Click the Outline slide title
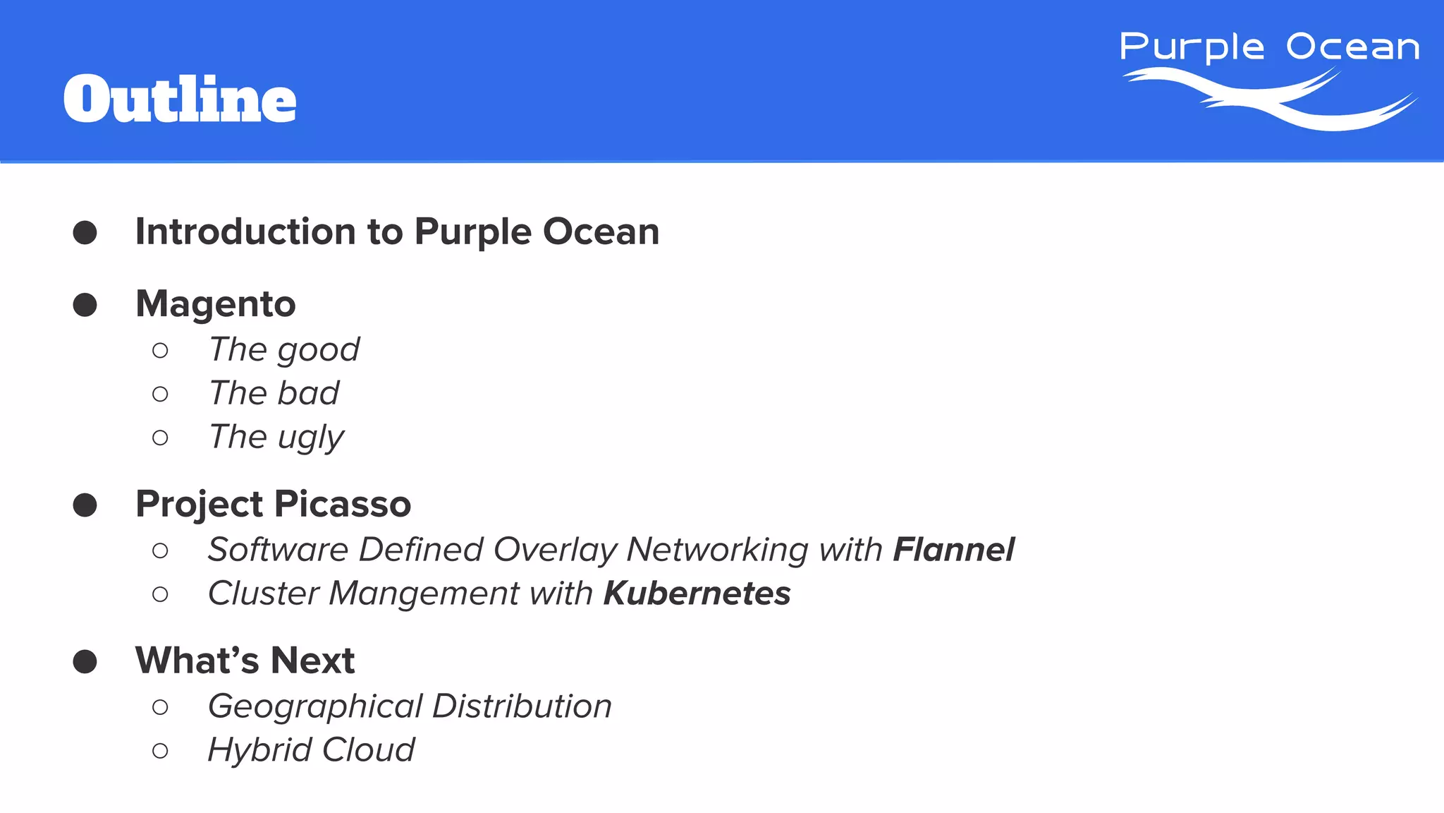click(180, 100)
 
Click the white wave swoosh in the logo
click(1269, 99)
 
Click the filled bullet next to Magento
click(85, 305)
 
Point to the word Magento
click(215, 305)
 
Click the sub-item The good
click(284, 349)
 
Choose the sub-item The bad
click(274, 393)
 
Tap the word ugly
click(310, 438)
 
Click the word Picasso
click(342, 504)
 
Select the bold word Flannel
click(953, 549)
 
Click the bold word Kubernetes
click(697, 593)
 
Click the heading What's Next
click(245, 661)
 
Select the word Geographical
click(315, 706)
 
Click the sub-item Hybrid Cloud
click(311, 749)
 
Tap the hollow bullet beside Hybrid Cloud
click(160, 750)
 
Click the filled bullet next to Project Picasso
click(85, 505)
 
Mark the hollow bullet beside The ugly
click(160, 438)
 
